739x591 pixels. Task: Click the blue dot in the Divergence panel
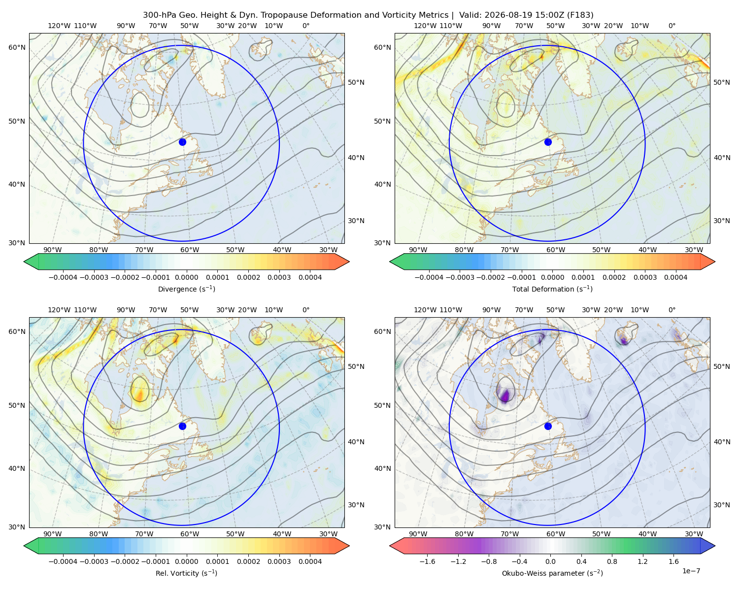[182, 142]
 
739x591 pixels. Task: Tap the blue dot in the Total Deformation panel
[548, 142]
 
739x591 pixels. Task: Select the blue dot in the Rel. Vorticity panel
[182, 426]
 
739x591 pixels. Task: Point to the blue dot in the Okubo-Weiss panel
[548, 426]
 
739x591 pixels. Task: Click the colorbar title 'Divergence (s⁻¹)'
[186, 289]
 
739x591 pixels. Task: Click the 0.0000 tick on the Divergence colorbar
[186, 277]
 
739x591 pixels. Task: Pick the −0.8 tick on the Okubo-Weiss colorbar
[489, 561]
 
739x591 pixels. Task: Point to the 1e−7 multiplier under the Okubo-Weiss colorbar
[691, 571]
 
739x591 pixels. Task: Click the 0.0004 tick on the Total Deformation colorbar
[675, 277]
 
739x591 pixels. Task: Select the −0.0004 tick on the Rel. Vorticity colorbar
[63, 561]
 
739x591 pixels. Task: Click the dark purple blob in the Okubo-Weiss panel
[505, 395]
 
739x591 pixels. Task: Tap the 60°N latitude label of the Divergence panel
[17, 47]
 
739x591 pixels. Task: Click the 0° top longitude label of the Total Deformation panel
[672, 26]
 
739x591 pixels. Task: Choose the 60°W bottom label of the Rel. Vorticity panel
[190, 534]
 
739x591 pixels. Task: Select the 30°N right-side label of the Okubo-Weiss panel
[722, 504]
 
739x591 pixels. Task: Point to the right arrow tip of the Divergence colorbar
[349, 262]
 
